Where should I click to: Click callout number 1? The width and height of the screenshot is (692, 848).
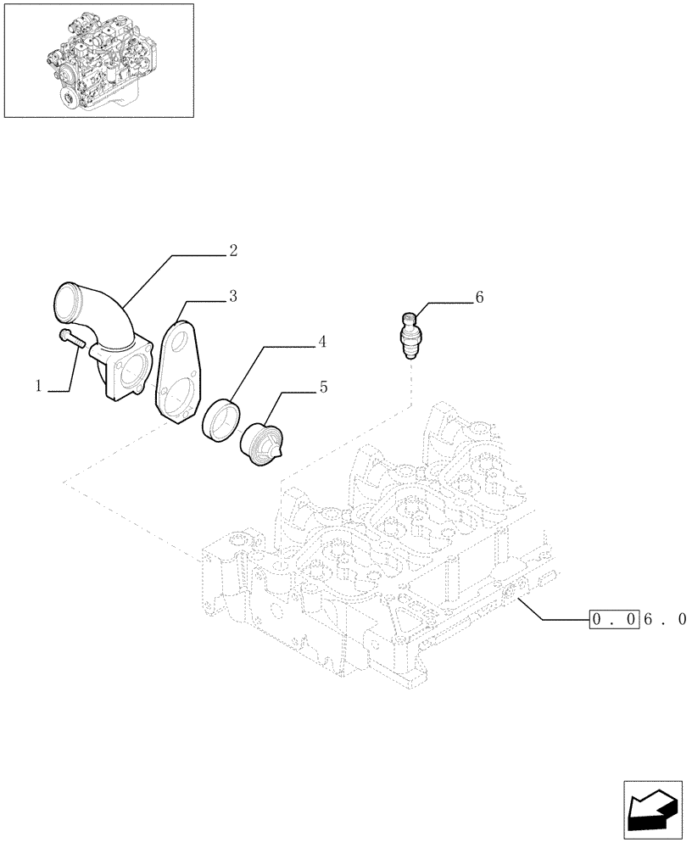coord(39,387)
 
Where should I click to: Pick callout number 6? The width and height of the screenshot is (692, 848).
coord(479,297)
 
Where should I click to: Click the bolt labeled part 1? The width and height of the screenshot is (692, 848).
coord(73,338)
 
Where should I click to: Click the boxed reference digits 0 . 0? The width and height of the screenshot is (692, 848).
coord(615,620)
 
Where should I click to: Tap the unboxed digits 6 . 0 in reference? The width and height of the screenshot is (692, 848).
coord(666,620)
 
